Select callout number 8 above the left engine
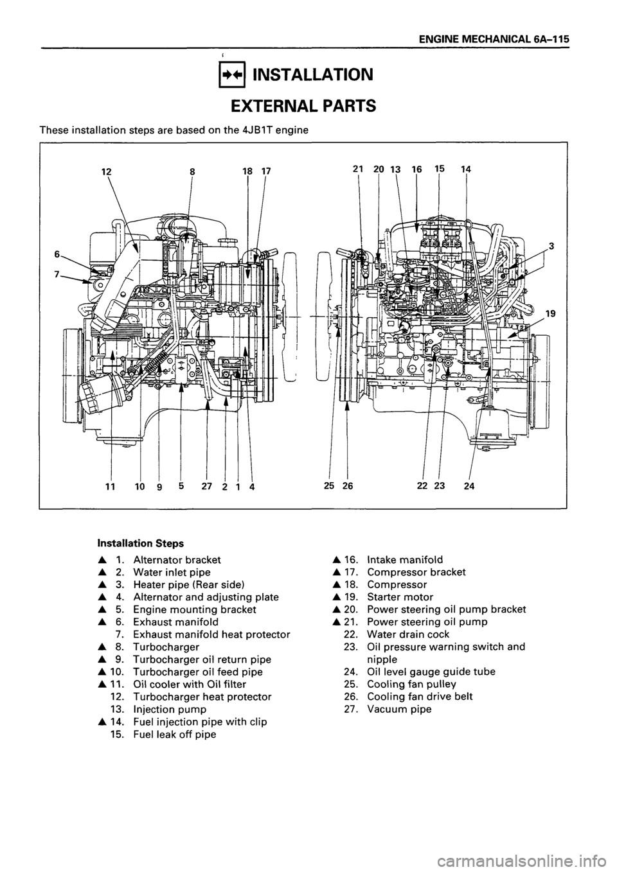click(193, 171)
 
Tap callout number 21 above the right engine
click(359, 169)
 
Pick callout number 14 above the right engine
click(466, 169)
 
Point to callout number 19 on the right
click(550, 314)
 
